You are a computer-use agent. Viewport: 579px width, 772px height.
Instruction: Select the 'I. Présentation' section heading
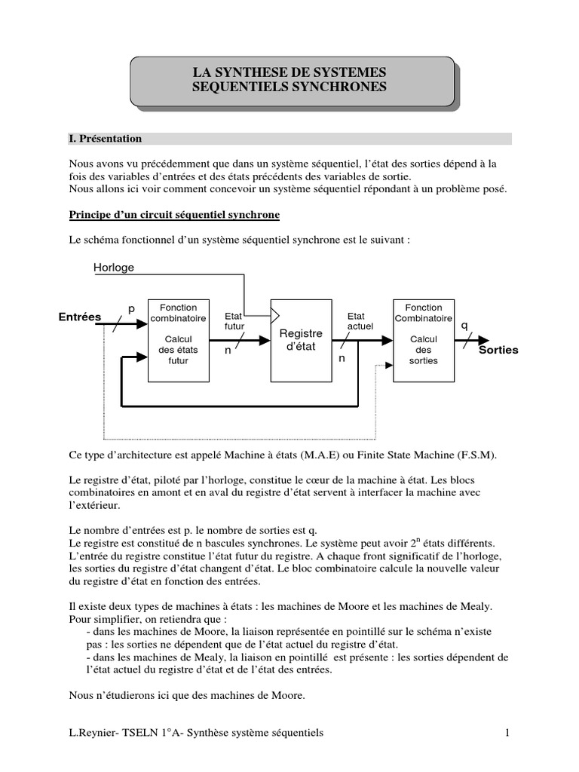tap(105, 139)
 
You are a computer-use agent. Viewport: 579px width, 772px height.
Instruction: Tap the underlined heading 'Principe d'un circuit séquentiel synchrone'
tap(174, 215)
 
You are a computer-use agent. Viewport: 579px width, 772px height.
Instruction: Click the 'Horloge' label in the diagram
tap(114, 267)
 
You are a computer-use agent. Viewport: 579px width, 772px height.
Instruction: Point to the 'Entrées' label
tap(80, 317)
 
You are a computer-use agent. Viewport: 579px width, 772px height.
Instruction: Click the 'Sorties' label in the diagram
tap(498, 350)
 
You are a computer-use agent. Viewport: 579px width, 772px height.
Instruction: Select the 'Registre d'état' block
tap(301, 340)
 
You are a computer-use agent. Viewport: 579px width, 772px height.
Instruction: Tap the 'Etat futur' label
tap(234, 321)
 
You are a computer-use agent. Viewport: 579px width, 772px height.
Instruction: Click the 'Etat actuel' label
tap(360, 321)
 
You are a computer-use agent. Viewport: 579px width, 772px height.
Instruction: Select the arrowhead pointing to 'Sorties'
tap(482, 341)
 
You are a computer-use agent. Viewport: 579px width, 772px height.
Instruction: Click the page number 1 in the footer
tap(508, 732)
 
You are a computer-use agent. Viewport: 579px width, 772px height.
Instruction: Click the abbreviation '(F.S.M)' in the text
tap(478, 455)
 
